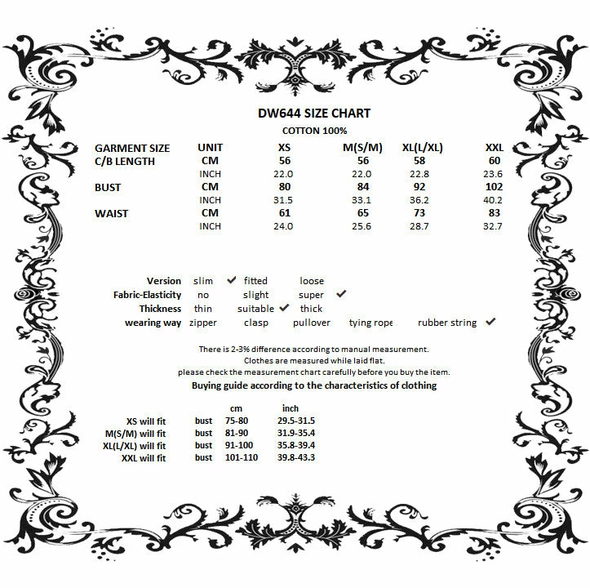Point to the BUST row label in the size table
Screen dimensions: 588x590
tap(108, 187)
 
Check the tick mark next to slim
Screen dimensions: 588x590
tap(232, 280)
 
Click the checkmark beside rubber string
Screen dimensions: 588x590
tap(490, 322)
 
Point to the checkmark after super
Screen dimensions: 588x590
tap(341, 294)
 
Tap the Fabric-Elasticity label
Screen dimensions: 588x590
tap(148, 295)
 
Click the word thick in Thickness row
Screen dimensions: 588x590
tap(311, 309)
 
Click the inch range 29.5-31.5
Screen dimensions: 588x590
tap(296, 421)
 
